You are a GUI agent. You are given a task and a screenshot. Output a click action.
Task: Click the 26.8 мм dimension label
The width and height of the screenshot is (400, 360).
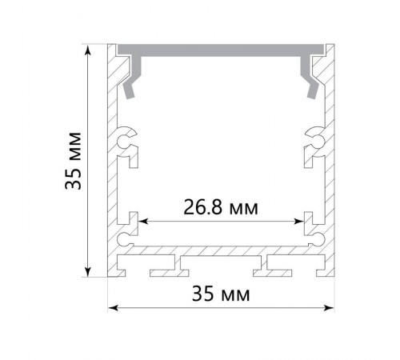click(x=221, y=207)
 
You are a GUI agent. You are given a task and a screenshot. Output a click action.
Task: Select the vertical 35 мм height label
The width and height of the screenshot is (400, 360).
click(x=73, y=161)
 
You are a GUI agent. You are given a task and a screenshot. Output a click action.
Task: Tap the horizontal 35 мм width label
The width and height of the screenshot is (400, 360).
click(x=221, y=294)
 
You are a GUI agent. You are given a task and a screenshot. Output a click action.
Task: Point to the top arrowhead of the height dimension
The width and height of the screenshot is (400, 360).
click(x=88, y=50)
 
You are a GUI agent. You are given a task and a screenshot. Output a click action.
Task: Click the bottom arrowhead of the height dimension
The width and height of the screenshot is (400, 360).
click(x=88, y=272)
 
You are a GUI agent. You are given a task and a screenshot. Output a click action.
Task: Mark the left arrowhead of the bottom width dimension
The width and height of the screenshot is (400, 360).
click(x=113, y=308)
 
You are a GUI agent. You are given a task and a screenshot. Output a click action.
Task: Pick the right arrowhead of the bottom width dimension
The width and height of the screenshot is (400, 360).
click(x=328, y=308)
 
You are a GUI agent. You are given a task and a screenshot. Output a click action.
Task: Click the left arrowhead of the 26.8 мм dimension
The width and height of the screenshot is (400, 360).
click(x=143, y=222)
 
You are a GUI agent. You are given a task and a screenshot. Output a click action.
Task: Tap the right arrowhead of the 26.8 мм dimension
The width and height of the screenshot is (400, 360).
click(x=298, y=222)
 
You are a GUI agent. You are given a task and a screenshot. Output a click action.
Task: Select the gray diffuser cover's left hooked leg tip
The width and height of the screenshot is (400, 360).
click(x=129, y=95)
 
